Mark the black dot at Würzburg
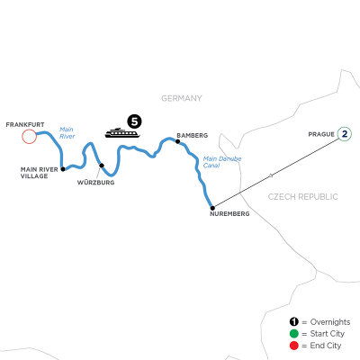click(x=102, y=165)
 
